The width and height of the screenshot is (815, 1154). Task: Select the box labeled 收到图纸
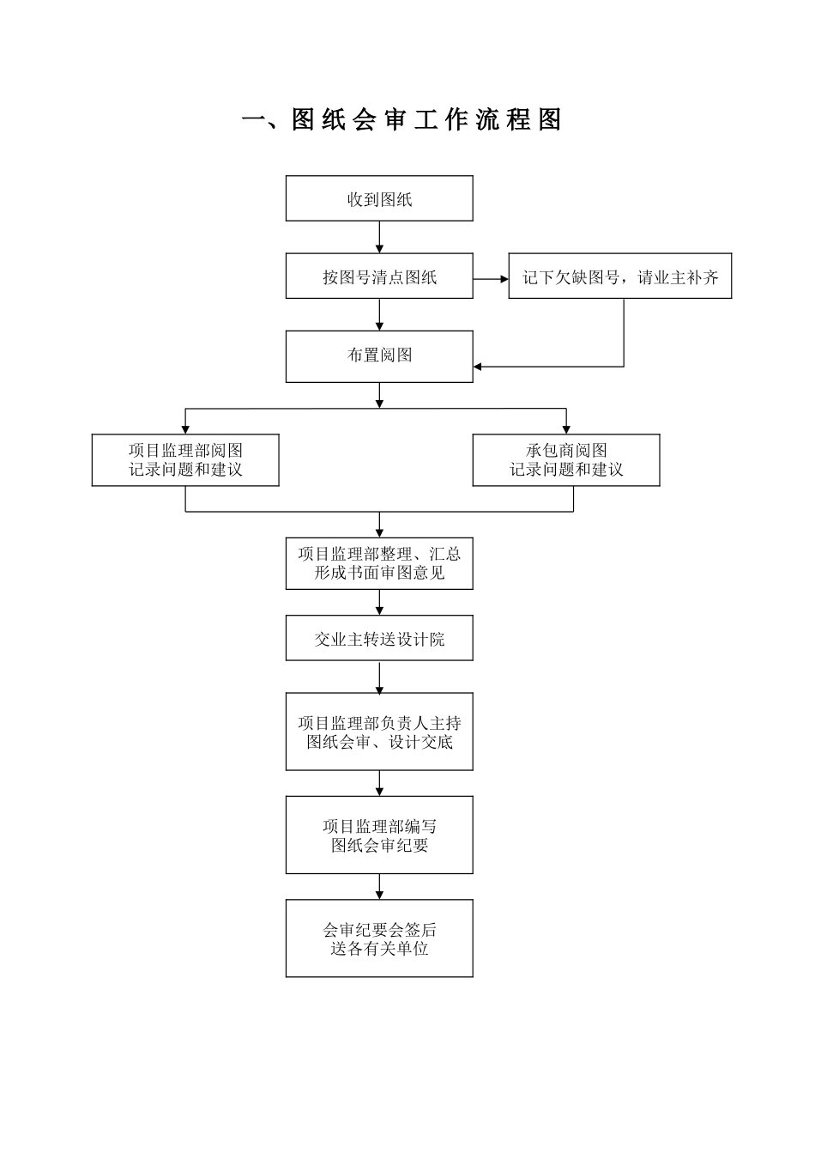tap(379, 199)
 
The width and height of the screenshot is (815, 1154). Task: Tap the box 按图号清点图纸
tap(379, 276)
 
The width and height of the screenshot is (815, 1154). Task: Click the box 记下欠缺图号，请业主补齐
tap(619, 276)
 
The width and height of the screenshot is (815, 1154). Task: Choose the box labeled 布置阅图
tap(379, 355)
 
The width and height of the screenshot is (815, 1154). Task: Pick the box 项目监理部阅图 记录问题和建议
tap(185, 460)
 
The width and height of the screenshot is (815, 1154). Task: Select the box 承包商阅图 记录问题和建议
tap(566, 460)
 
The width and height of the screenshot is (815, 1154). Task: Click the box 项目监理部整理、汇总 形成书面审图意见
tap(379, 563)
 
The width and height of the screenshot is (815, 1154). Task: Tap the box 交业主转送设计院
tap(379, 639)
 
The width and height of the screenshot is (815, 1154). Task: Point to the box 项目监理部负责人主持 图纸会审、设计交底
tap(379, 732)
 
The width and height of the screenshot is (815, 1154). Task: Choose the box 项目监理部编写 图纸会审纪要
tap(379, 835)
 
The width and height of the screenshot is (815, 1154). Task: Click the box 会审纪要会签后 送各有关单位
tap(379, 938)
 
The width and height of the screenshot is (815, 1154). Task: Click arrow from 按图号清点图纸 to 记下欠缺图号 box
tap(491, 277)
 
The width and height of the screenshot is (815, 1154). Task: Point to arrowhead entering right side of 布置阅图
tap(479, 367)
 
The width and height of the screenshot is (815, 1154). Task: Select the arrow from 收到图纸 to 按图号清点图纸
tap(379, 237)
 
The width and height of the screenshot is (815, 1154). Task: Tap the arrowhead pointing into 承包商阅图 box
tap(566, 428)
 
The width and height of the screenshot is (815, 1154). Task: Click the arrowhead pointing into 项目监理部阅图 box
tap(185, 428)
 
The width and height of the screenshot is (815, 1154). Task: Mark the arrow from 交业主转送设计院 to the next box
tap(379, 677)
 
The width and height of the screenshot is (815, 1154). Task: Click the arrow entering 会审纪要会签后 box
tap(379, 886)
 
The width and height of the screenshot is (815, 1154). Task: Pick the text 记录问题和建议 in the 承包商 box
tap(566, 470)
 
